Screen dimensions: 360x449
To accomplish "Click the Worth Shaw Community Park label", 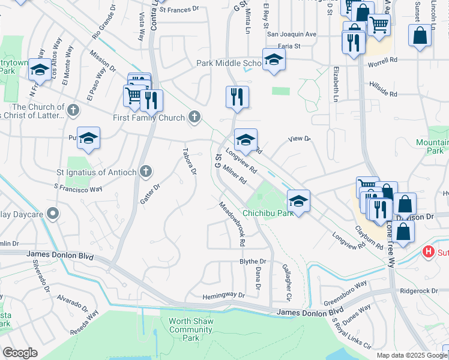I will point(191,329).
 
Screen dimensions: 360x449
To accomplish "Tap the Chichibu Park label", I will point(267,213).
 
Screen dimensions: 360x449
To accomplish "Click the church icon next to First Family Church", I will point(194,118).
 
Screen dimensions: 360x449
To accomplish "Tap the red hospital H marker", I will point(429,252).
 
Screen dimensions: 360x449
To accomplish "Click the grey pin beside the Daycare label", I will point(53,214).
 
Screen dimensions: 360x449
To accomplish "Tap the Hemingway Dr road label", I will point(224,295).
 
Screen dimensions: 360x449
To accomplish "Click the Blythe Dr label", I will point(253,262).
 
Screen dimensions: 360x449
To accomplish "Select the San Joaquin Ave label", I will point(292,34).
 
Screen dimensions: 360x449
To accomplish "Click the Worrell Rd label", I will point(383,60).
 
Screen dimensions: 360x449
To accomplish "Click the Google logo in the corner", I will point(20,353).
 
